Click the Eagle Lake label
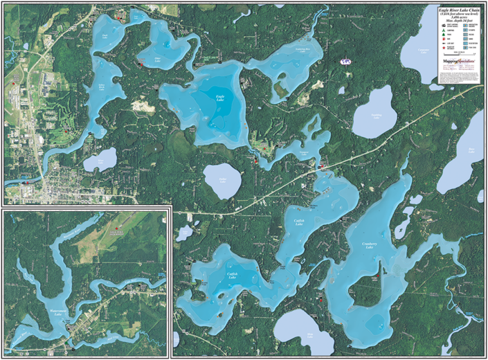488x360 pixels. (219, 100)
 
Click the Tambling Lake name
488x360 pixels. (377, 114)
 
